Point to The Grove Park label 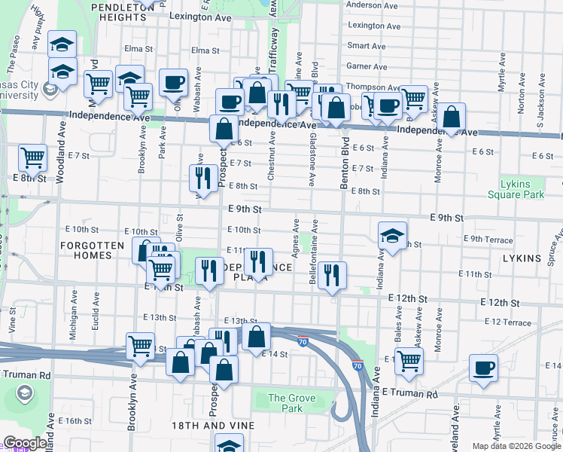click(287, 403)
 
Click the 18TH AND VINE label click(213, 426)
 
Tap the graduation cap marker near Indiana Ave click(392, 234)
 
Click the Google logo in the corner click(25, 444)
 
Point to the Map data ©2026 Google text click(516, 446)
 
